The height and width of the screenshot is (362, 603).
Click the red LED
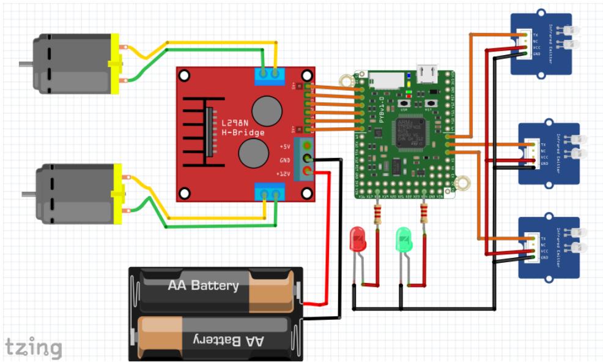point(357,238)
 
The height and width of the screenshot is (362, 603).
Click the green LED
point(404,238)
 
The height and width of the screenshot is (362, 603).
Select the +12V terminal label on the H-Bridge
point(284,174)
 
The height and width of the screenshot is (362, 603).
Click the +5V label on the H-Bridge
point(285,147)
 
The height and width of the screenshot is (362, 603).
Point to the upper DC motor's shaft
point(25,63)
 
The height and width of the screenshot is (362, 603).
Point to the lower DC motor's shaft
point(28,194)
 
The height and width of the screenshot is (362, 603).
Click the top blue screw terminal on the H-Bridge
point(270,75)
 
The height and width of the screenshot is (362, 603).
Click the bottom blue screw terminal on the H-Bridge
point(270,192)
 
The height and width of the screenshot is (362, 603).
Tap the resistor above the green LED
point(423,213)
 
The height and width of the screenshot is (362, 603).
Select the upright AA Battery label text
point(203,285)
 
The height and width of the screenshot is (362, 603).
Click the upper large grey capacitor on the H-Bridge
point(267,110)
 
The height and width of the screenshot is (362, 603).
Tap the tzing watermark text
point(34,347)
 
